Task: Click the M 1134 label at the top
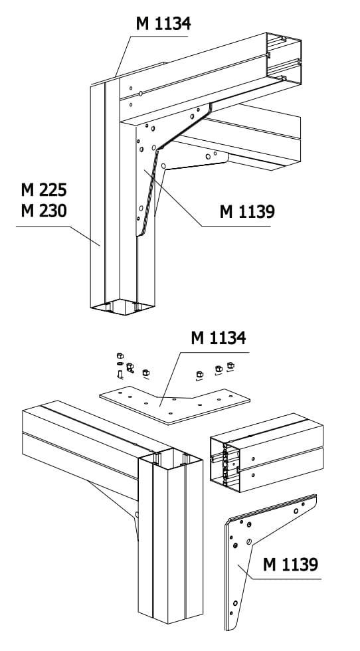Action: click(x=163, y=24)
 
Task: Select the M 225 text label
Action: click(x=44, y=190)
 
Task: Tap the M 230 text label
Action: click(x=44, y=211)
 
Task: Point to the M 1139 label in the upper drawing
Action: click(x=247, y=212)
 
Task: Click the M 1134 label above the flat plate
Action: click(x=219, y=338)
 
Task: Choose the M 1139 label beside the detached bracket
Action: click(x=291, y=565)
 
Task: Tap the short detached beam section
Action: click(x=266, y=452)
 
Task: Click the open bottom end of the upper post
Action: click(x=122, y=307)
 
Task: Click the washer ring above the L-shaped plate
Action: click(x=120, y=364)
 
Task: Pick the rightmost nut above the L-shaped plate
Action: click(x=230, y=365)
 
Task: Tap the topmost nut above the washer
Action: click(x=120, y=356)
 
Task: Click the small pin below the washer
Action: click(x=120, y=375)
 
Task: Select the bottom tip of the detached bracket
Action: click(x=228, y=630)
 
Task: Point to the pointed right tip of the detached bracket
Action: click(x=315, y=496)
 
